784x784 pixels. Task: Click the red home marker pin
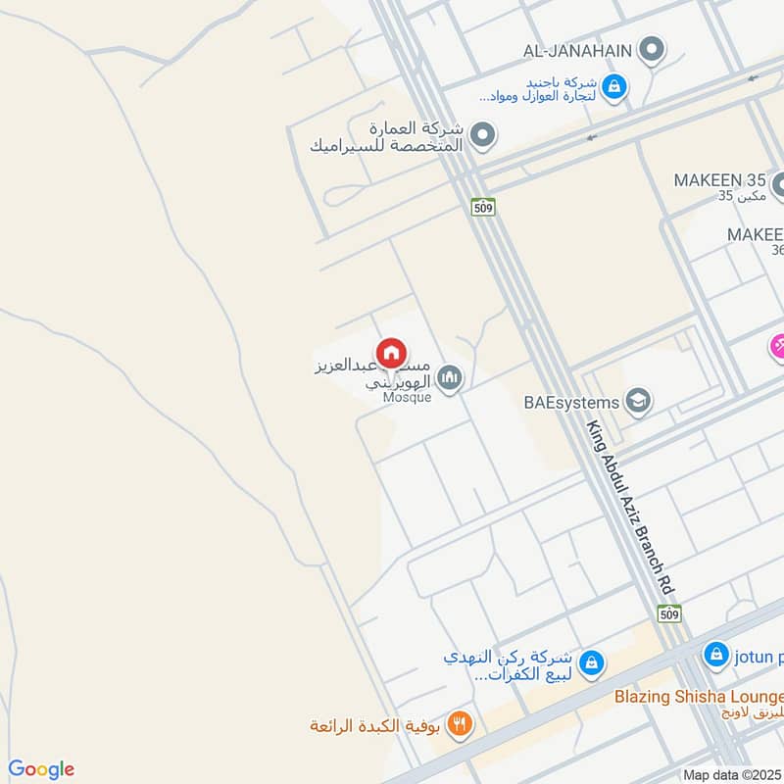(x=390, y=353)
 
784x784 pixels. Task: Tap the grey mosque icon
(x=449, y=377)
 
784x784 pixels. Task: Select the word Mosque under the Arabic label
(x=406, y=398)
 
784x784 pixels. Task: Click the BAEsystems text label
(x=571, y=402)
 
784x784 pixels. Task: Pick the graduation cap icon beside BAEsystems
(x=638, y=401)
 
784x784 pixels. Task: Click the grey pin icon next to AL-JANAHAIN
(x=651, y=48)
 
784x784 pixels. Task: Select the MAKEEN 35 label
(x=719, y=180)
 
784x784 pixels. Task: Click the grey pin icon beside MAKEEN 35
(x=779, y=183)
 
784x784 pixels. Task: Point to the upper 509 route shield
(x=482, y=207)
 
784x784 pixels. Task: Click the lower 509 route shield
(x=669, y=613)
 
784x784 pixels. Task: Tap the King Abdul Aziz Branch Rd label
(x=628, y=508)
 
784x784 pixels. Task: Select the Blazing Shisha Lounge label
(x=698, y=696)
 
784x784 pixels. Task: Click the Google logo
(x=41, y=769)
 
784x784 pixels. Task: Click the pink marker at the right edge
(x=777, y=346)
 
